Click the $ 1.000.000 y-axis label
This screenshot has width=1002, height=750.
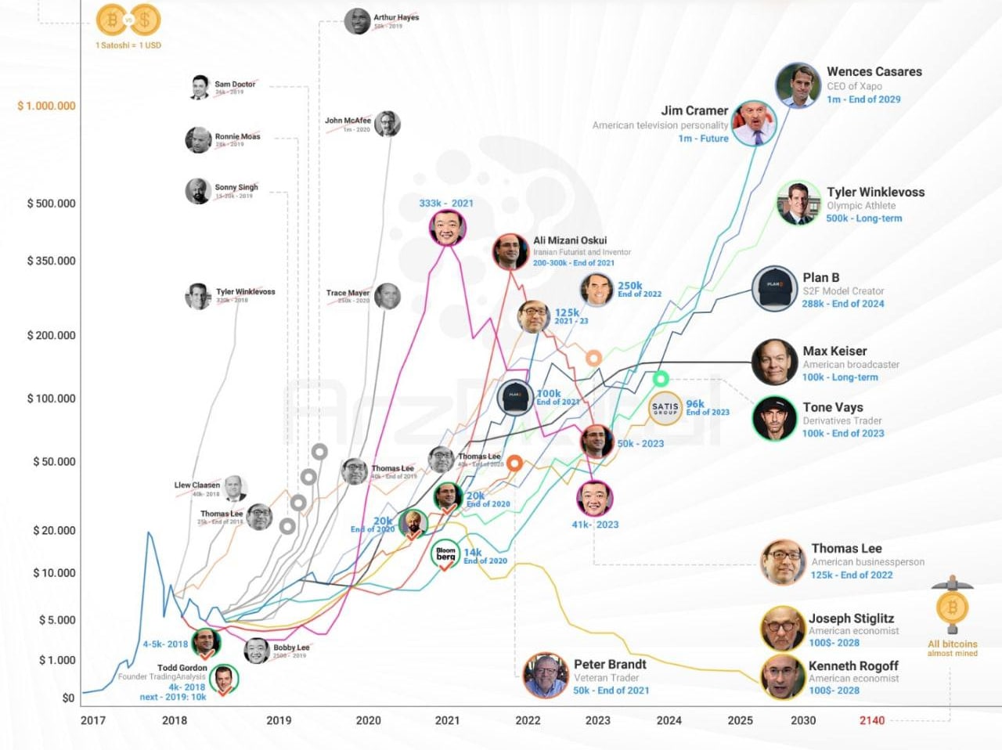pos(47,106)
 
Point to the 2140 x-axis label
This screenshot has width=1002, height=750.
pos(871,720)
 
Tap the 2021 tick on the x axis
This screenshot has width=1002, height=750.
pos(447,720)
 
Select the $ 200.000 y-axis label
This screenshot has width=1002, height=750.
pos(52,335)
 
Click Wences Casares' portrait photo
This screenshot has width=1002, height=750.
pos(798,85)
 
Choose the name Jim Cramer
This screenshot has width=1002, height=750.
pos(694,110)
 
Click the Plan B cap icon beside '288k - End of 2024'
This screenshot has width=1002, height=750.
pos(774,289)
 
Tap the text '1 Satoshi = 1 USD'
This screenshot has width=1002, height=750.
pos(128,45)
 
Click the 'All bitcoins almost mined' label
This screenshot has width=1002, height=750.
pos(953,648)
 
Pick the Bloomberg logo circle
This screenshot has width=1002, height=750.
pos(445,554)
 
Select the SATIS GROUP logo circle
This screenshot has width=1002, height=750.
pos(665,408)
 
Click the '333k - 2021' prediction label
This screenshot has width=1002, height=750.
pos(446,203)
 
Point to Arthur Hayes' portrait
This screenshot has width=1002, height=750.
pos(358,21)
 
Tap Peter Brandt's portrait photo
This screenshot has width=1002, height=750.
pos(546,676)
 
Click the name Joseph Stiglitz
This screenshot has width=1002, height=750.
pos(851,618)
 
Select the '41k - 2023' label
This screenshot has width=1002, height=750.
pos(595,525)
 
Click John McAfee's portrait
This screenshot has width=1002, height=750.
pos(387,124)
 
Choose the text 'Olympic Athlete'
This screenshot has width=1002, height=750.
pos(861,205)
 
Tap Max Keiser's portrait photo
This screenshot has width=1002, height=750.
pos(774,362)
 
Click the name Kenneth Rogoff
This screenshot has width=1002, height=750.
pos(853,665)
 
